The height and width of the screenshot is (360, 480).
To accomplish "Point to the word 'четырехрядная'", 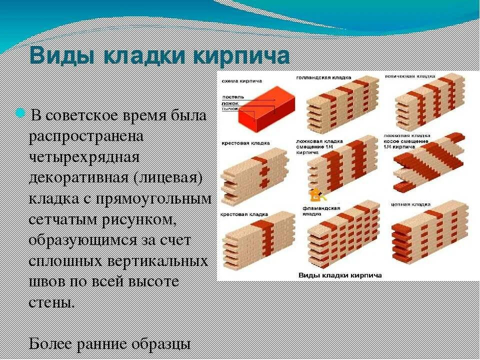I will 83,157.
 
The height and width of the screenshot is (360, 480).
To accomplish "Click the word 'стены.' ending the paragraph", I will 52,303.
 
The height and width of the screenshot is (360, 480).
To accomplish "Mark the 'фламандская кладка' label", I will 321,210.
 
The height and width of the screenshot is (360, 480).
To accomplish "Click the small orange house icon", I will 314,193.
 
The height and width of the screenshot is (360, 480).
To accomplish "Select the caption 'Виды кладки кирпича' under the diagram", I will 340,275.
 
